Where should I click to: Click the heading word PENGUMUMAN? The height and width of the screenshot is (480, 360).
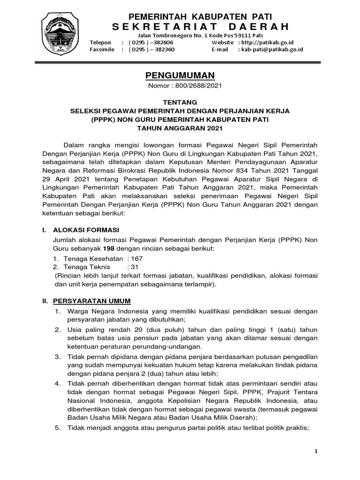(180, 75)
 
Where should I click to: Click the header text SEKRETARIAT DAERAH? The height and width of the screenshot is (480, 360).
(193, 26)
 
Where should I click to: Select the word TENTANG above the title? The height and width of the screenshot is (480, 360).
(180, 102)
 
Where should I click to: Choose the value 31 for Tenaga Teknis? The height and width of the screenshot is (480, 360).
(133, 266)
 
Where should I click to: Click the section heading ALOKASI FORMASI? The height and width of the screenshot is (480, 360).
(87, 230)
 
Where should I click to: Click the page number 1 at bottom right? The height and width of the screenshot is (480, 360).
(316, 451)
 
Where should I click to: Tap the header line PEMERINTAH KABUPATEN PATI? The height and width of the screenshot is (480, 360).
(180, 16)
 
